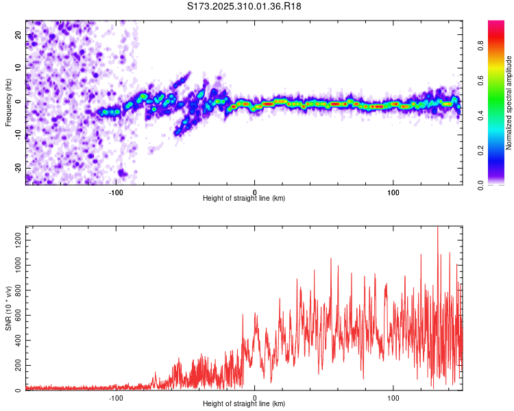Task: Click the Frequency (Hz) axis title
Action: click(8, 103)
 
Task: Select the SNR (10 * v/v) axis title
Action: click(8, 308)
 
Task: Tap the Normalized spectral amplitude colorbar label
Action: click(509, 103)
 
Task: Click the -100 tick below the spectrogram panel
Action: click(116, 191)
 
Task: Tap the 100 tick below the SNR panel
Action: click(393, 397)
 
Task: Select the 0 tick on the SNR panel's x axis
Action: click(255, 397)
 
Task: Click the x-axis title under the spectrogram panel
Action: click(244, 199)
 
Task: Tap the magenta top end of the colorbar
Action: click(496, 23)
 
